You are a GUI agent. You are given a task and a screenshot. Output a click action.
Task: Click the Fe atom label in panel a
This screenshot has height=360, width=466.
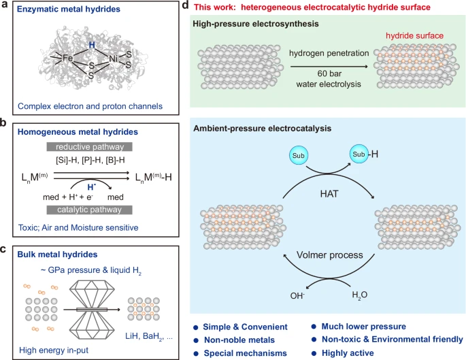(x=68, y=58)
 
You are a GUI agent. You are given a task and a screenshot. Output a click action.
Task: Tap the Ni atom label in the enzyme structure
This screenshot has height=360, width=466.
(x=113, y=59)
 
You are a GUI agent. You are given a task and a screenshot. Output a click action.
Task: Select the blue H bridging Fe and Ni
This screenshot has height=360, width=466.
(x=92, y=45)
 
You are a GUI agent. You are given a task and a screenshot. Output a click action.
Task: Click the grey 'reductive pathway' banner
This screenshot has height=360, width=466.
(x=89, y=146)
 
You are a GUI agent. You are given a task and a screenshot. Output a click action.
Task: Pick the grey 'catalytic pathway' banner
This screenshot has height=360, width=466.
(x=89, y=210)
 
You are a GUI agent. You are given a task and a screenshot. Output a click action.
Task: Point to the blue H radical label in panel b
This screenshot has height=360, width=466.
(x=92, y=187)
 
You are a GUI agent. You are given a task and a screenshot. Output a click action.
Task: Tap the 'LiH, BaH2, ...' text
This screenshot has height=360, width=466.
(x=148, y=336)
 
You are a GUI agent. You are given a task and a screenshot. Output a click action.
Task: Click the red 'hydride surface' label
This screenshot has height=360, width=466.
(x=414, y=36)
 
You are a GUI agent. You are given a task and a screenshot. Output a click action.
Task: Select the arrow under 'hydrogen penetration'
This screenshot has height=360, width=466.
(x=329, y=66)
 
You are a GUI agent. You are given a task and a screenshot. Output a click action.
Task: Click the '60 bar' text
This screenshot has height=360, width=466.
(x=329, y=73)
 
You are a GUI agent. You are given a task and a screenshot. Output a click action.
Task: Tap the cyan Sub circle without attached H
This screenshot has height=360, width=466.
(x=299, y=155)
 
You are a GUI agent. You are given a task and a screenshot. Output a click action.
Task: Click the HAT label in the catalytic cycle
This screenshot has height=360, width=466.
(x=329, y=194)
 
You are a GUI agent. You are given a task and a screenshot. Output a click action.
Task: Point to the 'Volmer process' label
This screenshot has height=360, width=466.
(x=329, y=255)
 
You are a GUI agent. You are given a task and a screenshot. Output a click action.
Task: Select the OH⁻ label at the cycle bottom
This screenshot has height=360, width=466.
(x=297, y=295)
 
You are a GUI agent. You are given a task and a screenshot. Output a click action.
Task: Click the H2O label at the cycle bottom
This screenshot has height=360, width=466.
(x=360, y=295)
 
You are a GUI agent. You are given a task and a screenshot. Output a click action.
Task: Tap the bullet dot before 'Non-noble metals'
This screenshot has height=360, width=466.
(x=195, y=340)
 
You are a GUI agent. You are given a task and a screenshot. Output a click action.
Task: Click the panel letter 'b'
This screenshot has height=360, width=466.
(x=3, y=122)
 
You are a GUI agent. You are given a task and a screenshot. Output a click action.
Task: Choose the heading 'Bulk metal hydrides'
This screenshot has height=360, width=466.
(x=57, y=255)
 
